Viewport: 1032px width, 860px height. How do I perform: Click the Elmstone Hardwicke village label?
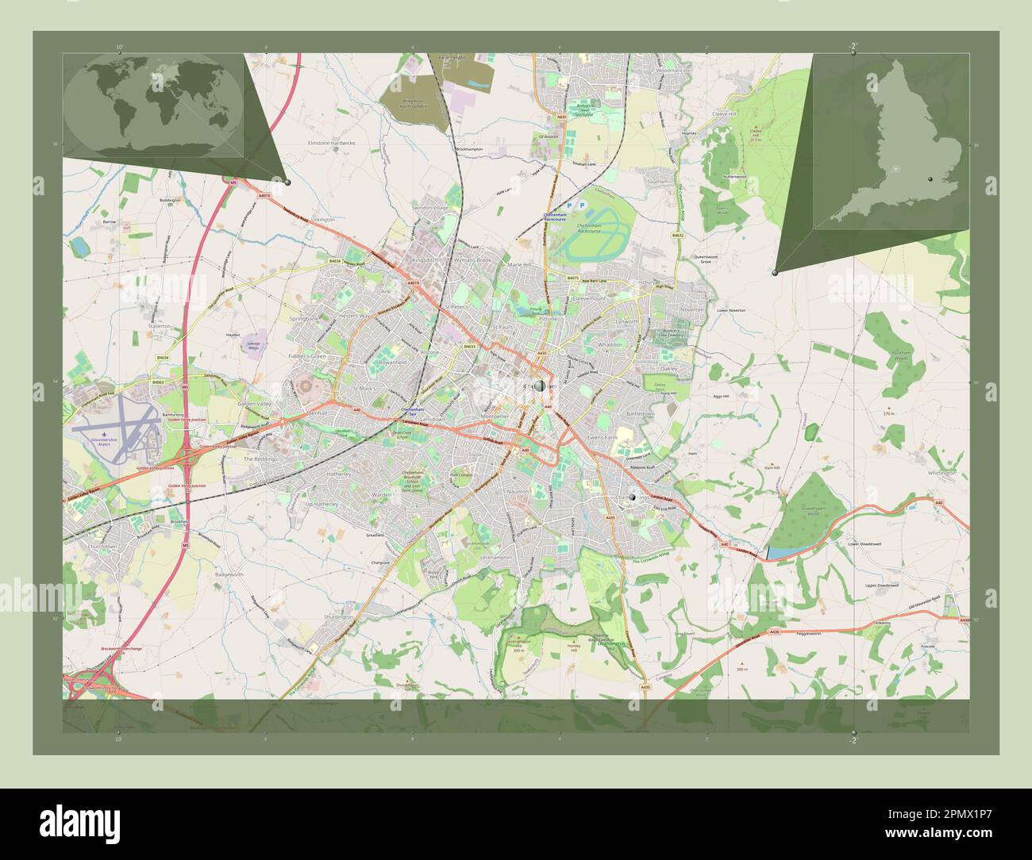pyautogui.click(x=331, y=143)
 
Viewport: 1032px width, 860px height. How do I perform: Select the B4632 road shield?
pyautogui.click(x=678, y=236)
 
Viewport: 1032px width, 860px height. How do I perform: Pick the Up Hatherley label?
pyautogui.click(x=322, y=504)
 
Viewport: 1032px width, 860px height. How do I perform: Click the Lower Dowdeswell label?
pyautogui.click(x=864, y=544)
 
